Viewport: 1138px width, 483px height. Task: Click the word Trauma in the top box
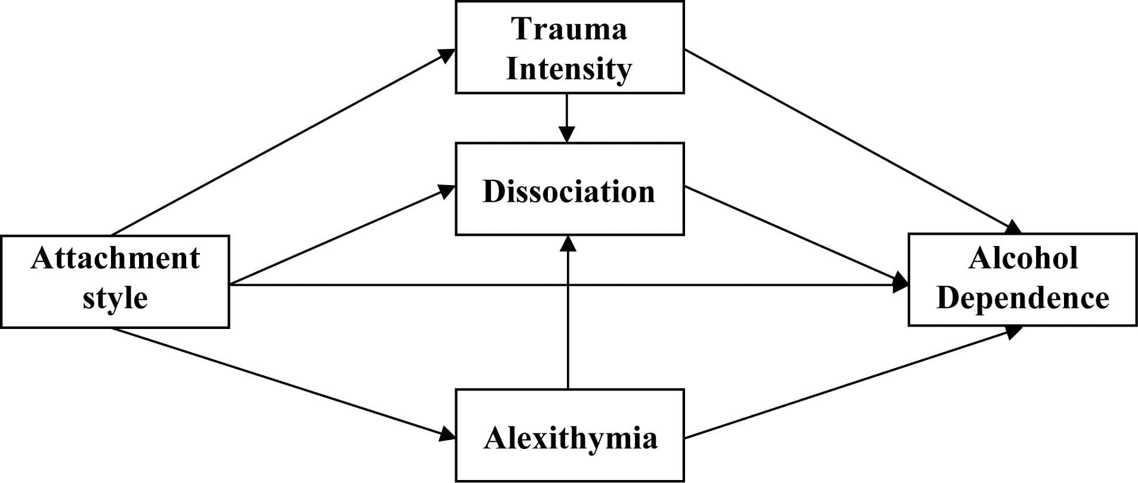pyautogui.click(x=569, y=29)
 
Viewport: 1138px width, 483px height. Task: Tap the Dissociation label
pyautogui.click(x=569, y=192)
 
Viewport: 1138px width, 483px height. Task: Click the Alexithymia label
pyautogui.click(x=570, y=438)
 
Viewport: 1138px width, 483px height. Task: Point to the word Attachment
pyautogui.click(x=115, y=258)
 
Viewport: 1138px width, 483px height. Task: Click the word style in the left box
pyautogui.click(x=115, y=297)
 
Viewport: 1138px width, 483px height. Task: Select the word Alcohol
pyautogui.click(x=1023, y=258)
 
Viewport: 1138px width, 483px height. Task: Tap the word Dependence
pyautogui.click(x=1023, y=297)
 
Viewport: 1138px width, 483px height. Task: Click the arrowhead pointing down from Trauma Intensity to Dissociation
pyautogui.click(x=567, y=134)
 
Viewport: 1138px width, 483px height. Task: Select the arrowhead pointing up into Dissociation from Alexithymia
pyautogui.click(x=568, y=243)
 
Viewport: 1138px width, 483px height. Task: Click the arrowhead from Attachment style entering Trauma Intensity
pyautogui.click(x=448, y=54)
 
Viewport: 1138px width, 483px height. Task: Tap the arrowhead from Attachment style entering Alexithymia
pyautogui.click(x=448, y=435)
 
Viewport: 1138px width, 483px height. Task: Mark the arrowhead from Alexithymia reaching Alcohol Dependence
pyautogui.click(x=1014, y=331)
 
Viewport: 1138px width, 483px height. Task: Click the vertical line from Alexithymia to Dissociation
pyautogui.click(x=568, y=316)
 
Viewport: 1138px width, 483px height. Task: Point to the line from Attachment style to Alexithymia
pyautogui.click(x=280, y=382)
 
